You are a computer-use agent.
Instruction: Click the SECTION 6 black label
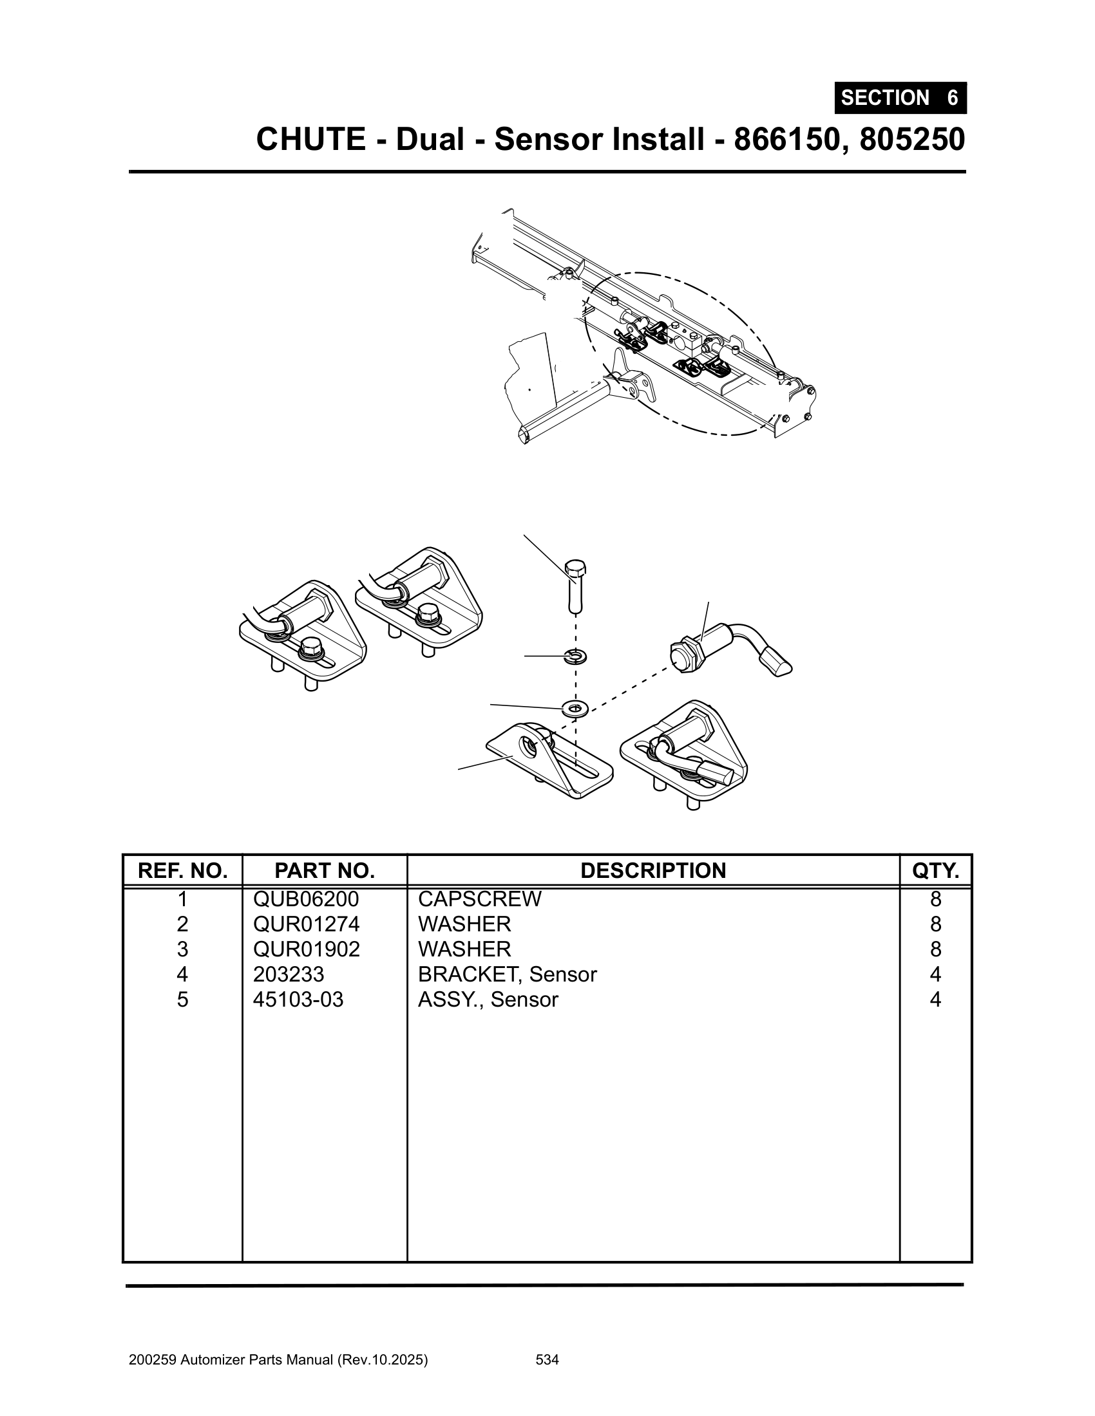[900, 98]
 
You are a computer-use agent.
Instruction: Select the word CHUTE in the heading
[310, 140]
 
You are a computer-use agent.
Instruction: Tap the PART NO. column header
[325, 870]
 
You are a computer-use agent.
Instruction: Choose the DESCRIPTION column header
[652, 870]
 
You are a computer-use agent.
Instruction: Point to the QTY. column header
[935, 870]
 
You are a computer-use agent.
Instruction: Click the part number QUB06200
[305, 899]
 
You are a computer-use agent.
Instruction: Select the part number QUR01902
[306, 949]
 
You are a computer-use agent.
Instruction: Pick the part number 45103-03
[298, 999]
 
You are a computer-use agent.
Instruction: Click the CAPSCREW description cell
[479, 899]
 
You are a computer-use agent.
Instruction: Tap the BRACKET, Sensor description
[507, 974]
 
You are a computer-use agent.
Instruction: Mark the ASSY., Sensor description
[488, 999]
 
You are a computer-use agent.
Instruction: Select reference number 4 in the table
[182, 974]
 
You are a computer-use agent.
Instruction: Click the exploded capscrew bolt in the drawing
[575, 587]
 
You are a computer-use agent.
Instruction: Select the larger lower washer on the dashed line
[574, 708]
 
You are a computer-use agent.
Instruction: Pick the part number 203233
[288, 974]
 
